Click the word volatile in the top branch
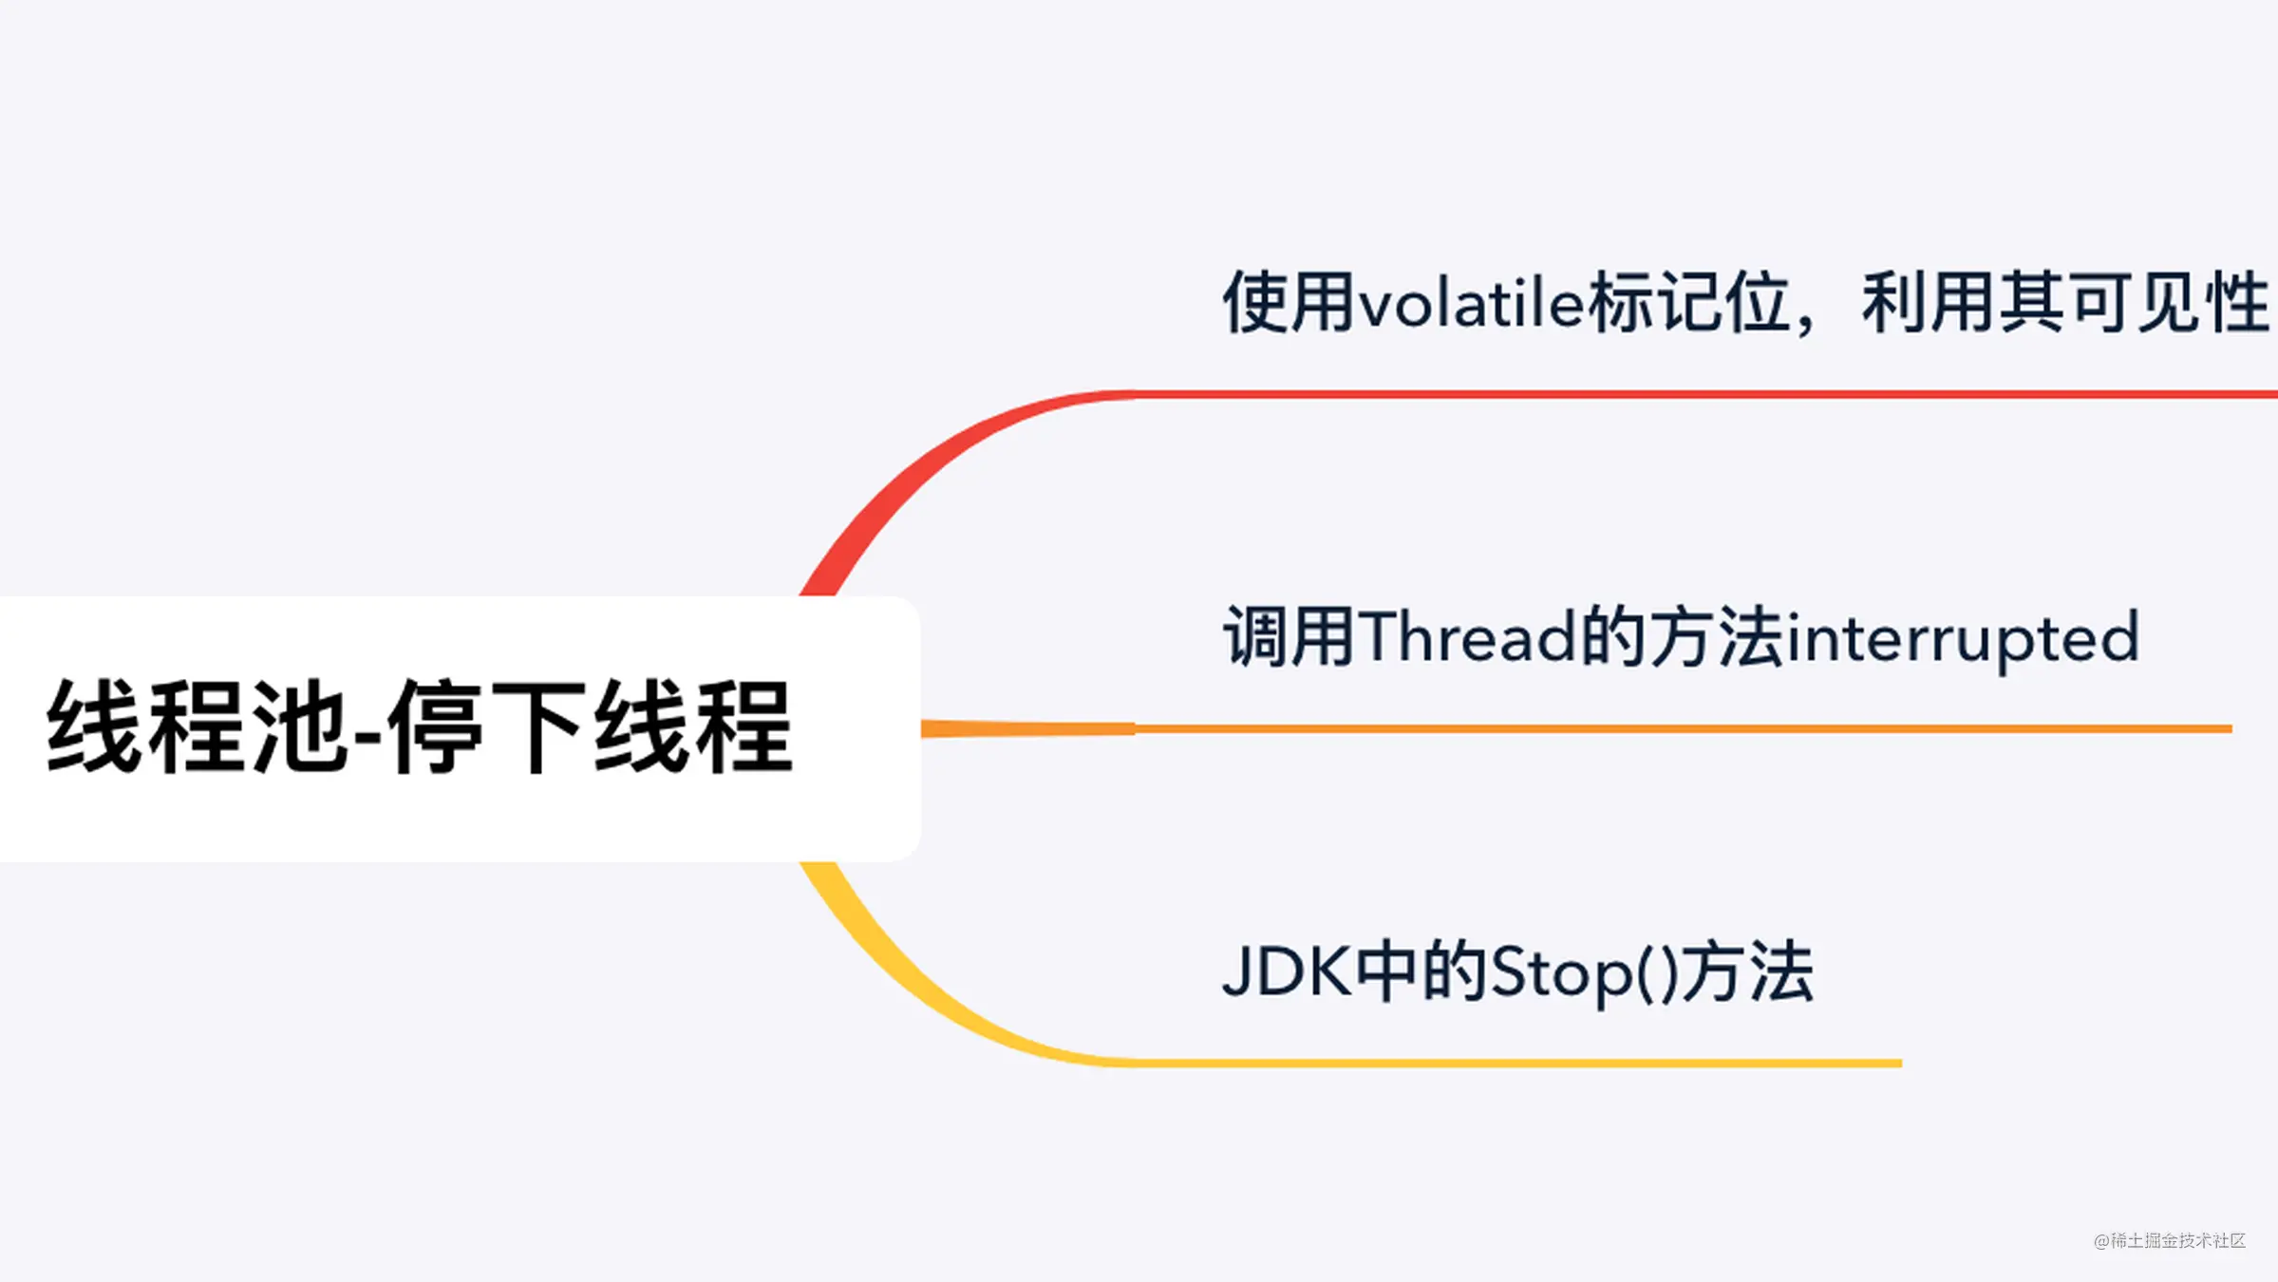(x=1472, y=305)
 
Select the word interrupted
(x=1963, y=639)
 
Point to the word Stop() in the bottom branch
(x=1585, y=973)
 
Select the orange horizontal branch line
(x=1614, y=728)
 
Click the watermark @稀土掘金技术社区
(x=2169, y=1240)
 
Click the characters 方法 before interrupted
(x=1717, y=636)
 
